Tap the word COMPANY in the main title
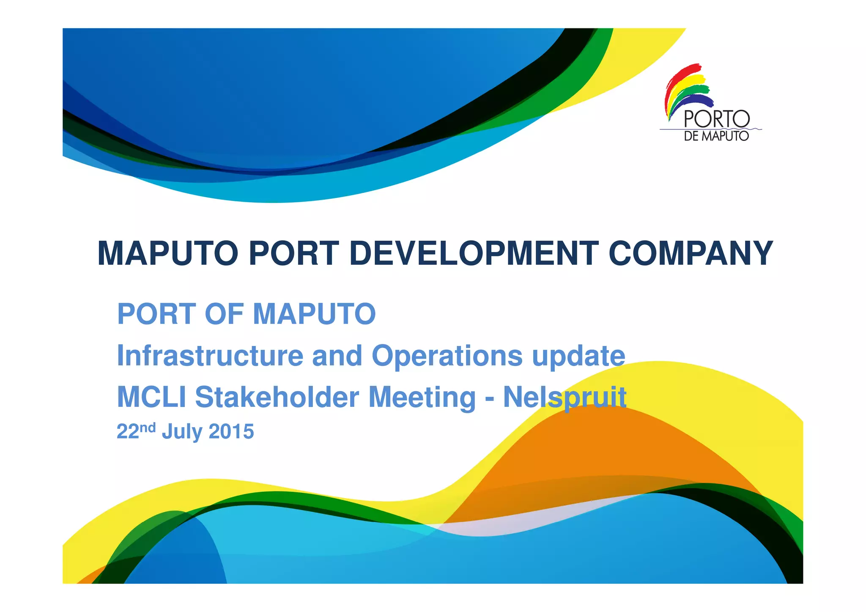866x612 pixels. coord(691,253)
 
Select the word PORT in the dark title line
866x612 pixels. coord(294,253)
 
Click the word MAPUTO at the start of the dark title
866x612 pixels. coord(168,253)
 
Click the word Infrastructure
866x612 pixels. coord(210,355)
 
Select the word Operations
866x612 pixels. coord(447,356)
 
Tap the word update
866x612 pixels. coord(578,356)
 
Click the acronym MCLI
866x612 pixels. coord(151,397)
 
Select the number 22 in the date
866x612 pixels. coord(128,432)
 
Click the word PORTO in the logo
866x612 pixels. coord(716,119)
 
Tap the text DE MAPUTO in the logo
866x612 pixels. coord(716,136)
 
